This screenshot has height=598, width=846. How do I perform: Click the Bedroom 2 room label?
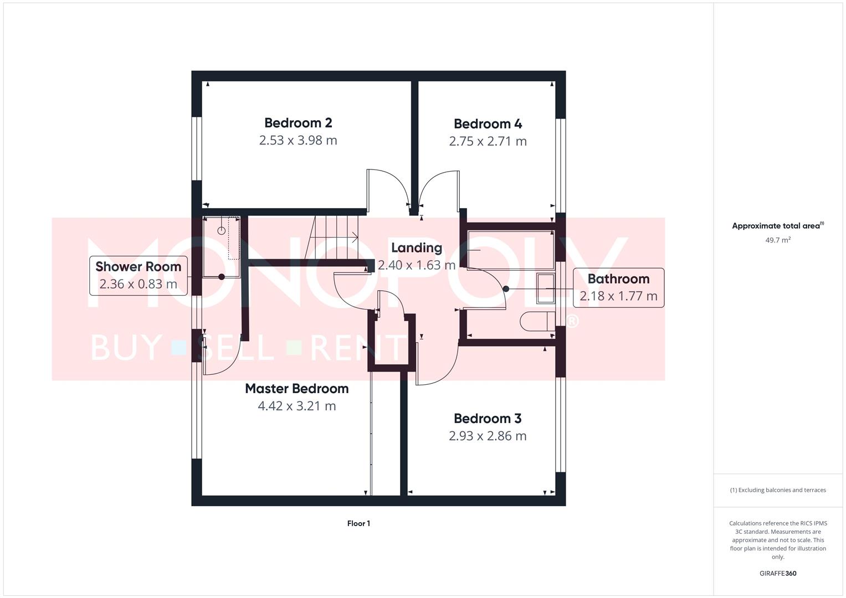298,123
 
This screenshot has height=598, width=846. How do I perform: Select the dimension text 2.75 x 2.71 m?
488,141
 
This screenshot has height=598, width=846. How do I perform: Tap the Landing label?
417,248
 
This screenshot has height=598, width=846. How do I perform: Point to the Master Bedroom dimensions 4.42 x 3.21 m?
297,406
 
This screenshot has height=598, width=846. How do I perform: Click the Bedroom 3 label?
488,419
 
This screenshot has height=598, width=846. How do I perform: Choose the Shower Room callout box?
139,275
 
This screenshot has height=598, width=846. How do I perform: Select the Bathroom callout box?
618,287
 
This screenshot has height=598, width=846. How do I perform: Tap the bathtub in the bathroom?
510,250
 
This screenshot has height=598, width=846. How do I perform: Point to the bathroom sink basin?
545,288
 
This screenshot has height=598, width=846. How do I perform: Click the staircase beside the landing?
332,237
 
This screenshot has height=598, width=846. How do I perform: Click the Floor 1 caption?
358,523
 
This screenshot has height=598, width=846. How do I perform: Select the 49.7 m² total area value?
778,240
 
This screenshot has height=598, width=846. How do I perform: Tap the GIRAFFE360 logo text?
778,573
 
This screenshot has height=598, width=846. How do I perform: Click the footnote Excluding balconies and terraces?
778,490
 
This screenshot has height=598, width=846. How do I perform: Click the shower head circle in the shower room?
222,230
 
